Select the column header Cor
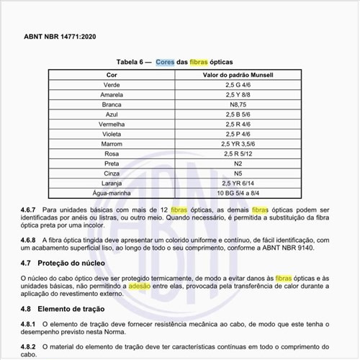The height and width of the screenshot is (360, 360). point(112,75)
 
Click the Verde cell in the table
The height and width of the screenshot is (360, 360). point(112,85)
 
